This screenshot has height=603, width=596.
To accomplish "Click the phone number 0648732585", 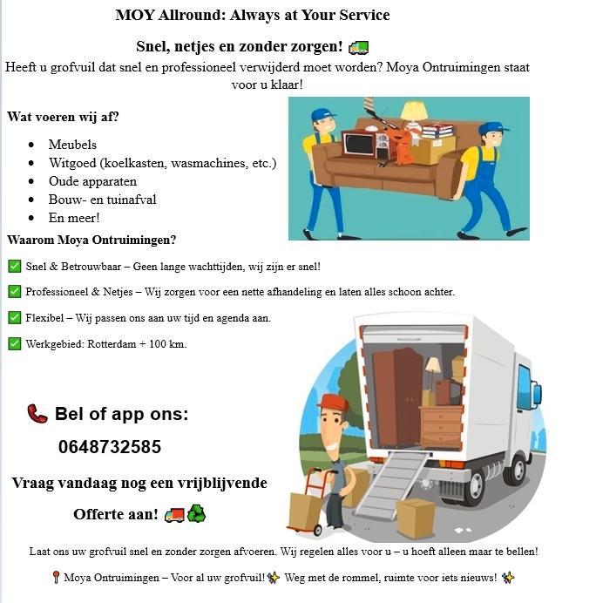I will click(x=110, y=447).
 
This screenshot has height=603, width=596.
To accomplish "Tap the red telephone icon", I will click(x=37, y=413).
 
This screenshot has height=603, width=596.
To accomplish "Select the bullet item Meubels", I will click(x=72, y=145).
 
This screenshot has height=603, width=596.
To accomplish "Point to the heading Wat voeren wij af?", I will click(x=63, y=117).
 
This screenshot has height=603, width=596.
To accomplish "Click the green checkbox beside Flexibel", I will click(x=14, y=317).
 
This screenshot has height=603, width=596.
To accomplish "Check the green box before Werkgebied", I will click(x=14, y=343).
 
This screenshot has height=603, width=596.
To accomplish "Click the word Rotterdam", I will click(x=112, y=344).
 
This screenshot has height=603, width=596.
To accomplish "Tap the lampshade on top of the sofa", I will click(x=414, y=109).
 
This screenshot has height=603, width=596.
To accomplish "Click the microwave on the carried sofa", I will click(x=358, y=144).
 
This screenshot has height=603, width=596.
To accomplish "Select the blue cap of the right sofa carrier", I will click(x=492, y=129).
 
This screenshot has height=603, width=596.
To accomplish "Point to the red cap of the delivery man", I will click(x=333, y=402).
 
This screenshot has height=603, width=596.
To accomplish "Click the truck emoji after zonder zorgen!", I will click(x=358, y=47).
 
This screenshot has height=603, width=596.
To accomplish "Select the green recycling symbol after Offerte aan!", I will click(x=197, y=514).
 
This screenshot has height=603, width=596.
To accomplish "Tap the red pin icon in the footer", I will click(x=55, y=578).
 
